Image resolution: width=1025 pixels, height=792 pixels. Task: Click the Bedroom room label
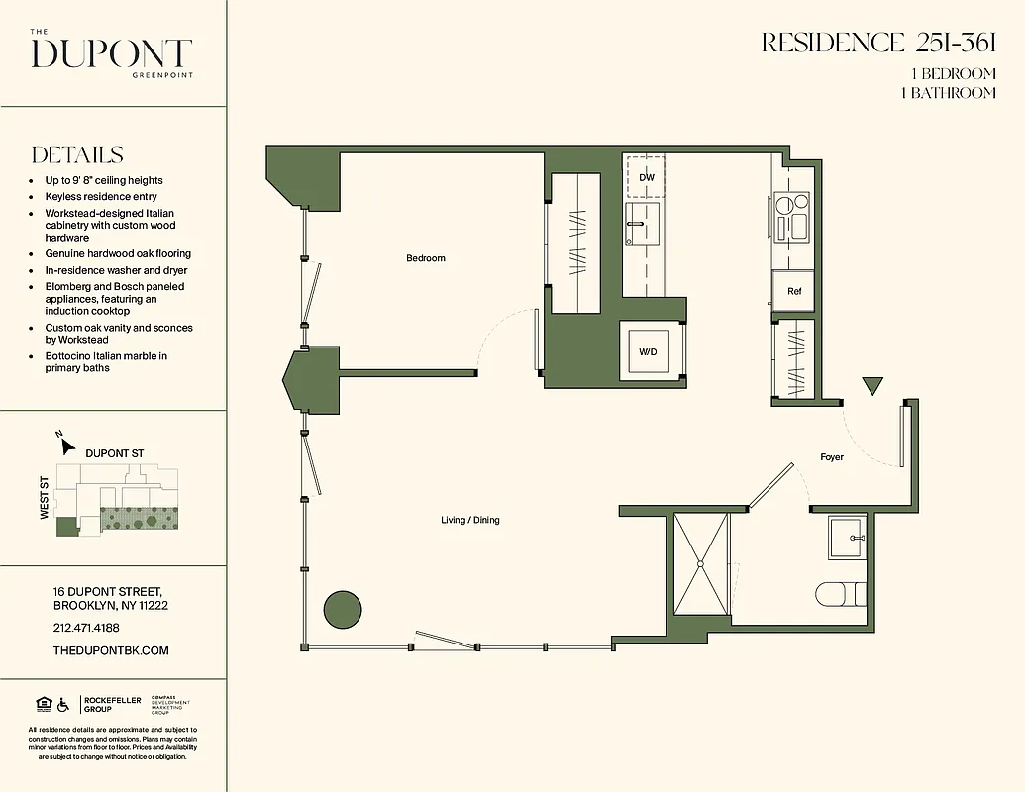[x=426, y=258]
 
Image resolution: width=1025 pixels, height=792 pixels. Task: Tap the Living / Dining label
[x=470, y=520]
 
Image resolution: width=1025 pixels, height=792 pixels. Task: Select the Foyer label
[x=832, y=457]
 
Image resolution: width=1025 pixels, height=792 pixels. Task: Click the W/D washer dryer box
[x=648, y=351]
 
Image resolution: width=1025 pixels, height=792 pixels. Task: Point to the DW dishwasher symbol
[x=647, y=177]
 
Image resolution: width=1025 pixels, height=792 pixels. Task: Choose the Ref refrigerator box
[x=793, y=291]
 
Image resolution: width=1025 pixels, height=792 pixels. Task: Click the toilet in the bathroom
[x=840, y=594]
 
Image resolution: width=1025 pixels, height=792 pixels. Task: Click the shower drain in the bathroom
[x=701, y=564]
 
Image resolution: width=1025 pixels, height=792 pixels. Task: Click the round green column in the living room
[x=342, y=608]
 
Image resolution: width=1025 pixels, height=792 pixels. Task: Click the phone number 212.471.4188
[x=85, y=628]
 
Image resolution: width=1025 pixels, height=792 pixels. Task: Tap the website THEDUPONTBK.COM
[x=110, y=650]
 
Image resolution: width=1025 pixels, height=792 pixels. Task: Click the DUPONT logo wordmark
[x=111, y=53]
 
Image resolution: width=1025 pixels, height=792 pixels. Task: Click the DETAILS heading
[x=77, y=155]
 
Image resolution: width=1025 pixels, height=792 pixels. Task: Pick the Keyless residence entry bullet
[x=101, y=197]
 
